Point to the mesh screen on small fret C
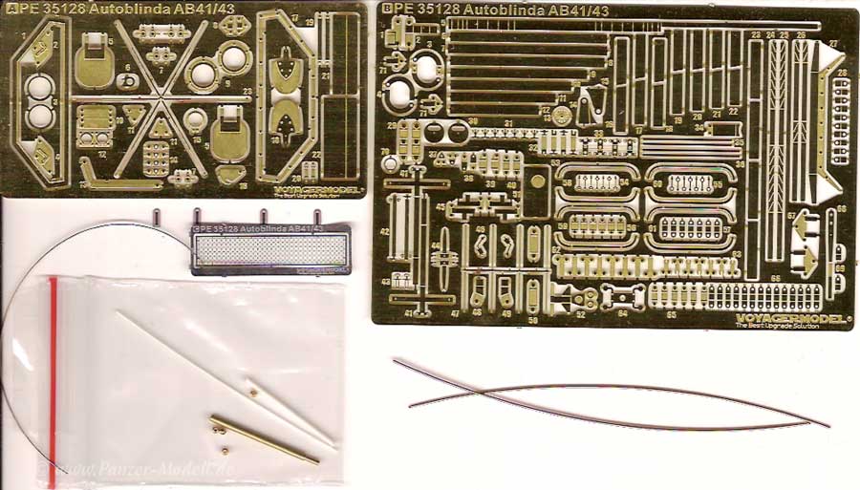coord(268,251)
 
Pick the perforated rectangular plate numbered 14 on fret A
coord(156,159)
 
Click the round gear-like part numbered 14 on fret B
coord(562,114)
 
